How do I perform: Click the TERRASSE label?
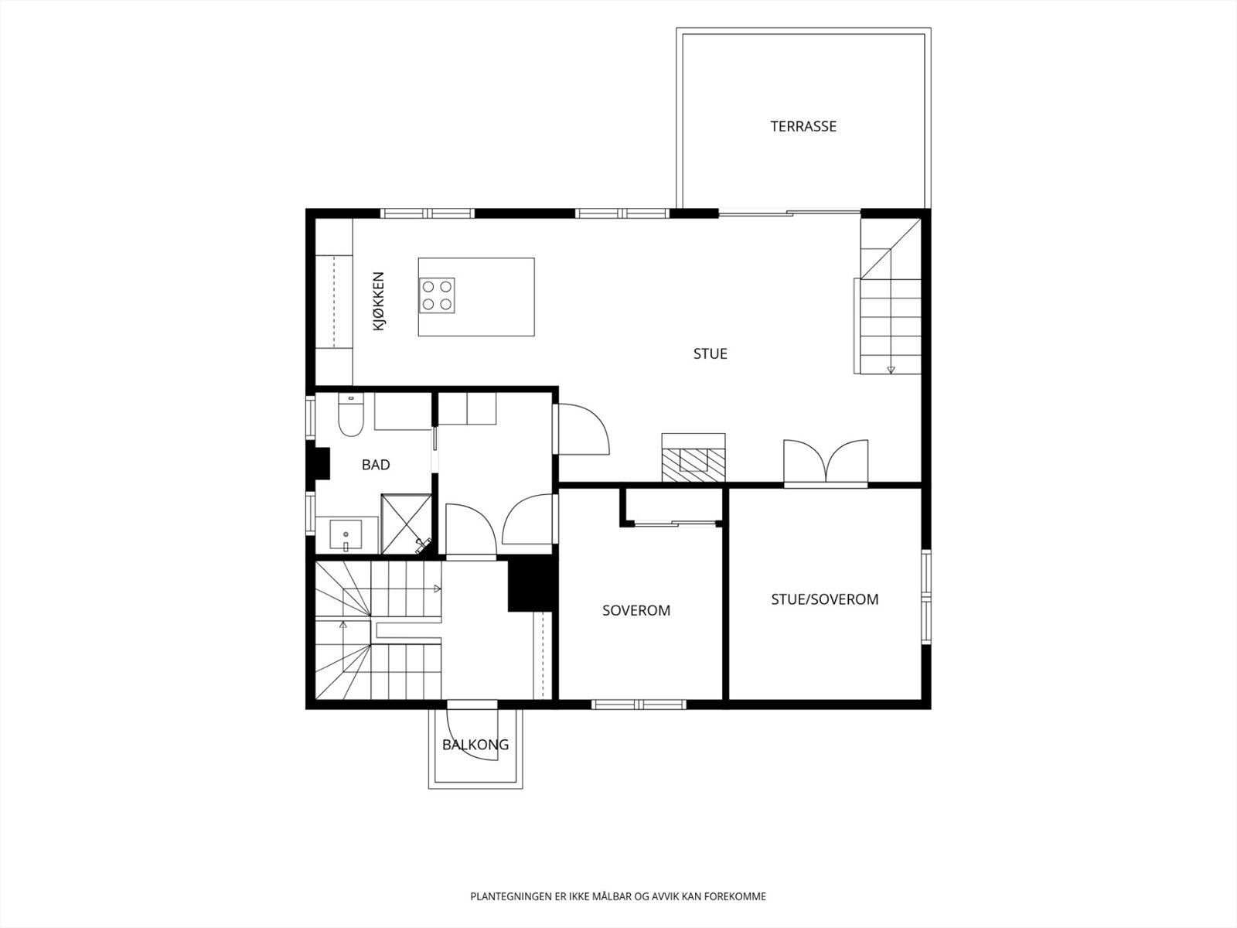point(803,126)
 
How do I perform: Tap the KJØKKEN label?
point(379,301)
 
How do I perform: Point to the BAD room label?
point(376,465)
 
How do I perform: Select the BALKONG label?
point(475,744)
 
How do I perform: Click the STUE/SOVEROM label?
point(824,599)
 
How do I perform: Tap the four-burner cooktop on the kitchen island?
point(437,295)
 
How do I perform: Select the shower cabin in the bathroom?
point(407,524)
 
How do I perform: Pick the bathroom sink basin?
point(346,534)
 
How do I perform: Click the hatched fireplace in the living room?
point(693,458)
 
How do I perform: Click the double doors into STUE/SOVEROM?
point(826,462)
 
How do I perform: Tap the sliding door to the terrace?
point(789,213)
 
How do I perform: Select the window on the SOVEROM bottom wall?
point(639,705)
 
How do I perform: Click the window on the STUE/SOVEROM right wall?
point(926,597)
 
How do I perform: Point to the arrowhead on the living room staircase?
point(891,370)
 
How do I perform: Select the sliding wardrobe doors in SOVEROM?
point(675,524)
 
